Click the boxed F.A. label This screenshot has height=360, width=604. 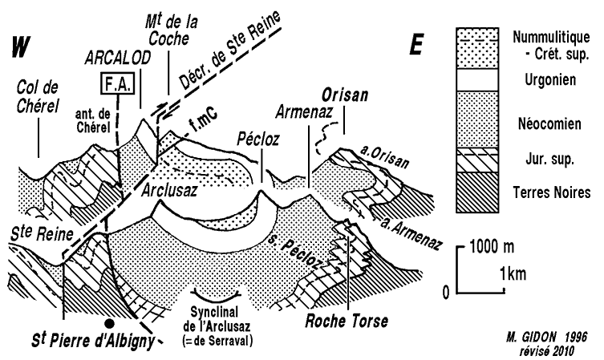point(118,83)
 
